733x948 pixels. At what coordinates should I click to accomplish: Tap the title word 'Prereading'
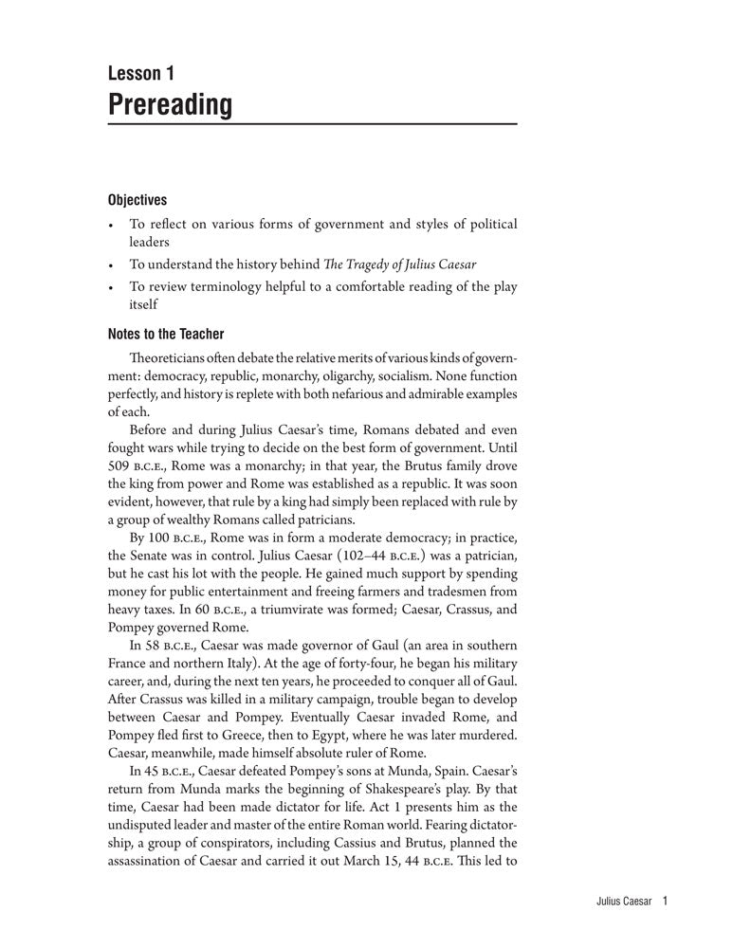point(170,104)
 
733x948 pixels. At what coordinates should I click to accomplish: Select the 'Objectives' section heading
point(137,200)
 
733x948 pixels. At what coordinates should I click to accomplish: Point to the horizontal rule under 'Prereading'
point(312,124)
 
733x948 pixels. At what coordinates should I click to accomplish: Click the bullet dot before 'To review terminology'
point(111,287)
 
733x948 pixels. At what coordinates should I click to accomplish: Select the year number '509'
point(119,465)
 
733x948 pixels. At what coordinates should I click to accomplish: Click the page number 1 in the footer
point(668,902)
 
